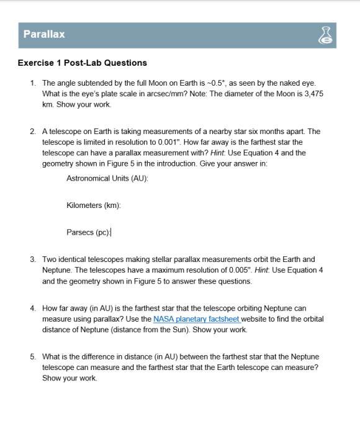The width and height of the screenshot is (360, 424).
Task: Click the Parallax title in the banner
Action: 44,35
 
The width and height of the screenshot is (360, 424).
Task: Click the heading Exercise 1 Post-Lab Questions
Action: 83,63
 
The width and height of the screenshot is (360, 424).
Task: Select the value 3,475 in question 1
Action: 311,93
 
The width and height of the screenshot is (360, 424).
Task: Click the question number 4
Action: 32,309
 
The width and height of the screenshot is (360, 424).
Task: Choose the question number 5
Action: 32,357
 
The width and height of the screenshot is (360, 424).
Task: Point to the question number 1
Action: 32,83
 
